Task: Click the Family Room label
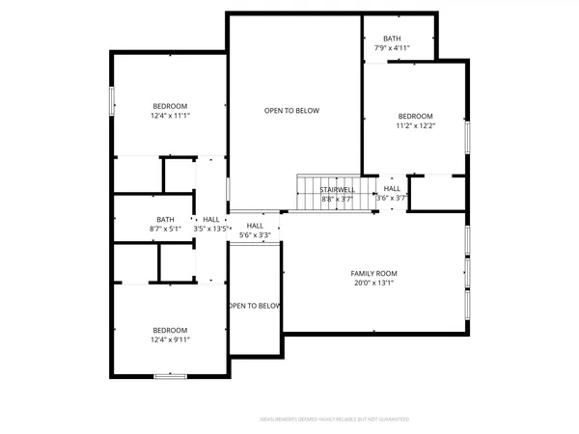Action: coord(373,274)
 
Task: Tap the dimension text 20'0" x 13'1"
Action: coord(373,284)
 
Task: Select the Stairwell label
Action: coord(337,190)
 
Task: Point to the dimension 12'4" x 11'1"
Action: coord(170,116)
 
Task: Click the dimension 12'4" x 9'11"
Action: coord(170,339)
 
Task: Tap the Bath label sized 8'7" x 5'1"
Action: coord(166,219)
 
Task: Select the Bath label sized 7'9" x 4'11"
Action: coord(392,39)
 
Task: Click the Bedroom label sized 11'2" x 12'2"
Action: coord(416,116)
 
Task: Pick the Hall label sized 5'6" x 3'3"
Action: coord(255,226)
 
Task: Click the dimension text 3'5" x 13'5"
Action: coord(211,230)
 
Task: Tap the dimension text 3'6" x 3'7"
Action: coord(392,198)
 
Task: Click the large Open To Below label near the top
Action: coord(291,111)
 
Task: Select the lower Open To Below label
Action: coord(255,306)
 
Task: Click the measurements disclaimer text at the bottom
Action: coord(335,420)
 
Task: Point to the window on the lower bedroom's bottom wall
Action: coord(170,374)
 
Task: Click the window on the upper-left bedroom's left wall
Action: coord(112,100)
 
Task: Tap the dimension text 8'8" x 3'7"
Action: coord(337,199)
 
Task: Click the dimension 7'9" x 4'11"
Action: coord(392,47)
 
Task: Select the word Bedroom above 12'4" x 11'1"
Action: coord(170,106)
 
